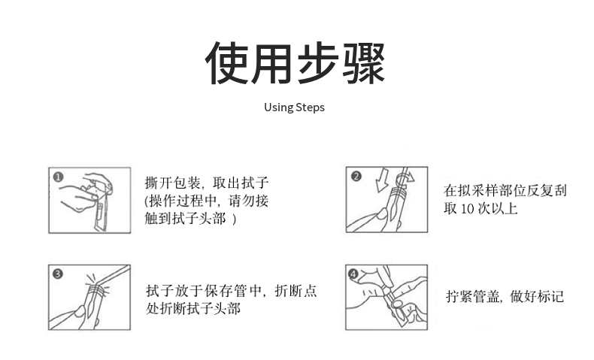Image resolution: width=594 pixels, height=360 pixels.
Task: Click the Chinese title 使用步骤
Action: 295,63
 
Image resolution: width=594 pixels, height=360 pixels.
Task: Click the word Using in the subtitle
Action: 278,107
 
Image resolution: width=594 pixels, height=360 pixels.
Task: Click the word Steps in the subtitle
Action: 310,107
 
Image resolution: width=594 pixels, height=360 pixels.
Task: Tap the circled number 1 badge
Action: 59,177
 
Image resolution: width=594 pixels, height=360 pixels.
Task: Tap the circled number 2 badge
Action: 356,176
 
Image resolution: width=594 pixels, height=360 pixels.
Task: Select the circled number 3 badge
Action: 58,274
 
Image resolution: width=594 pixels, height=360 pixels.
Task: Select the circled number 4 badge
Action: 353,274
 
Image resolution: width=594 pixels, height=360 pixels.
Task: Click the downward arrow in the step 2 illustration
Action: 382,180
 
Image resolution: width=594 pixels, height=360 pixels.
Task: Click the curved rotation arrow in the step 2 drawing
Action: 405,177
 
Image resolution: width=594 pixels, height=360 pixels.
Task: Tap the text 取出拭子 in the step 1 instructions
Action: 241,183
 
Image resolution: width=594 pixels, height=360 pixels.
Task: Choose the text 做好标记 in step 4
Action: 537,296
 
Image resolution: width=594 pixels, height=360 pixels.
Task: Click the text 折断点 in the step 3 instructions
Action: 295,291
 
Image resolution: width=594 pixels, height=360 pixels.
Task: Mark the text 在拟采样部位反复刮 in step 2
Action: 505,190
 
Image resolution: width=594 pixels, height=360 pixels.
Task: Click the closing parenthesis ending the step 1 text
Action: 234,219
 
